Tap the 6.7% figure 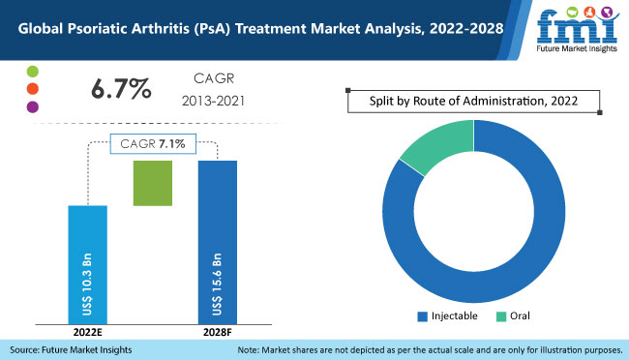click(x=121, y=90)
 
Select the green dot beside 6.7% click(x=32, y=73)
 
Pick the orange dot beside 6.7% click(x=32, y=90)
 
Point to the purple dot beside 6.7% click(x=32, y=107)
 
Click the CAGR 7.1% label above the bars click(x=153, y=143)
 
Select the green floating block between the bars click(x=152, y=183)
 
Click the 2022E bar click(x=87, y=262)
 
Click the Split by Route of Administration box click(x=473, y=101)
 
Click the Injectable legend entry click(x=447, y=315)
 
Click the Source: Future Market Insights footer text click(x=70, y=349)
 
